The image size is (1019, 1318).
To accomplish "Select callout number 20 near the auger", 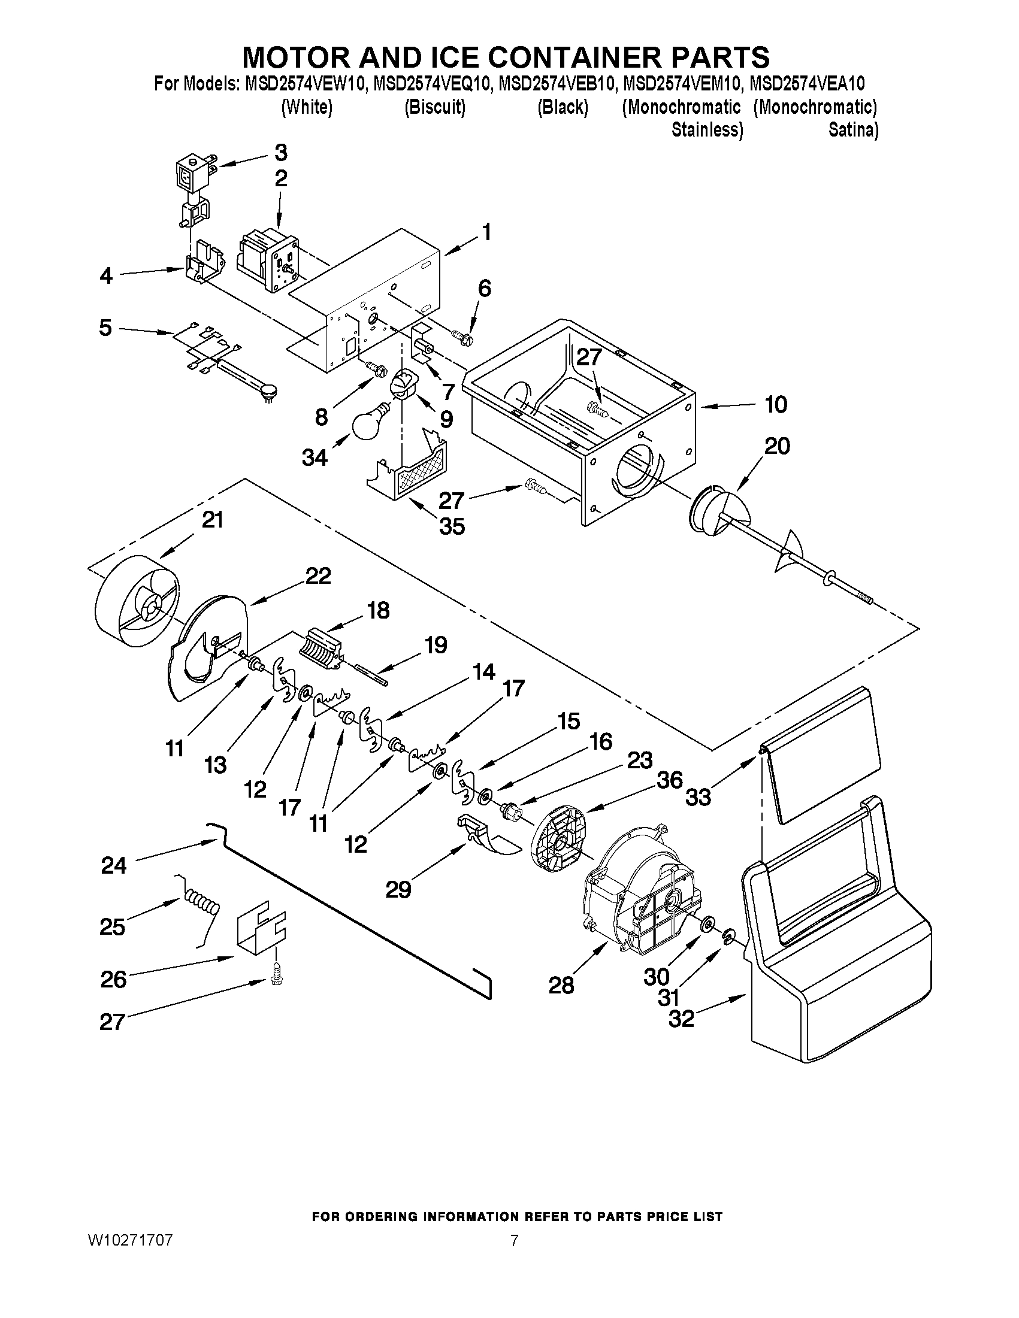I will point(776,447).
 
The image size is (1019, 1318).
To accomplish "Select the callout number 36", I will point(670,780).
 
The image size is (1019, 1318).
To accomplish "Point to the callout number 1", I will point(485,232).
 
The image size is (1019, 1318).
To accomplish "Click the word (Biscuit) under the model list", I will point(435,107).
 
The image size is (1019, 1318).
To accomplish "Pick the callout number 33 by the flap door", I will point(699,797).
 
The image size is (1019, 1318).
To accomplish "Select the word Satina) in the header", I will point(853,130).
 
